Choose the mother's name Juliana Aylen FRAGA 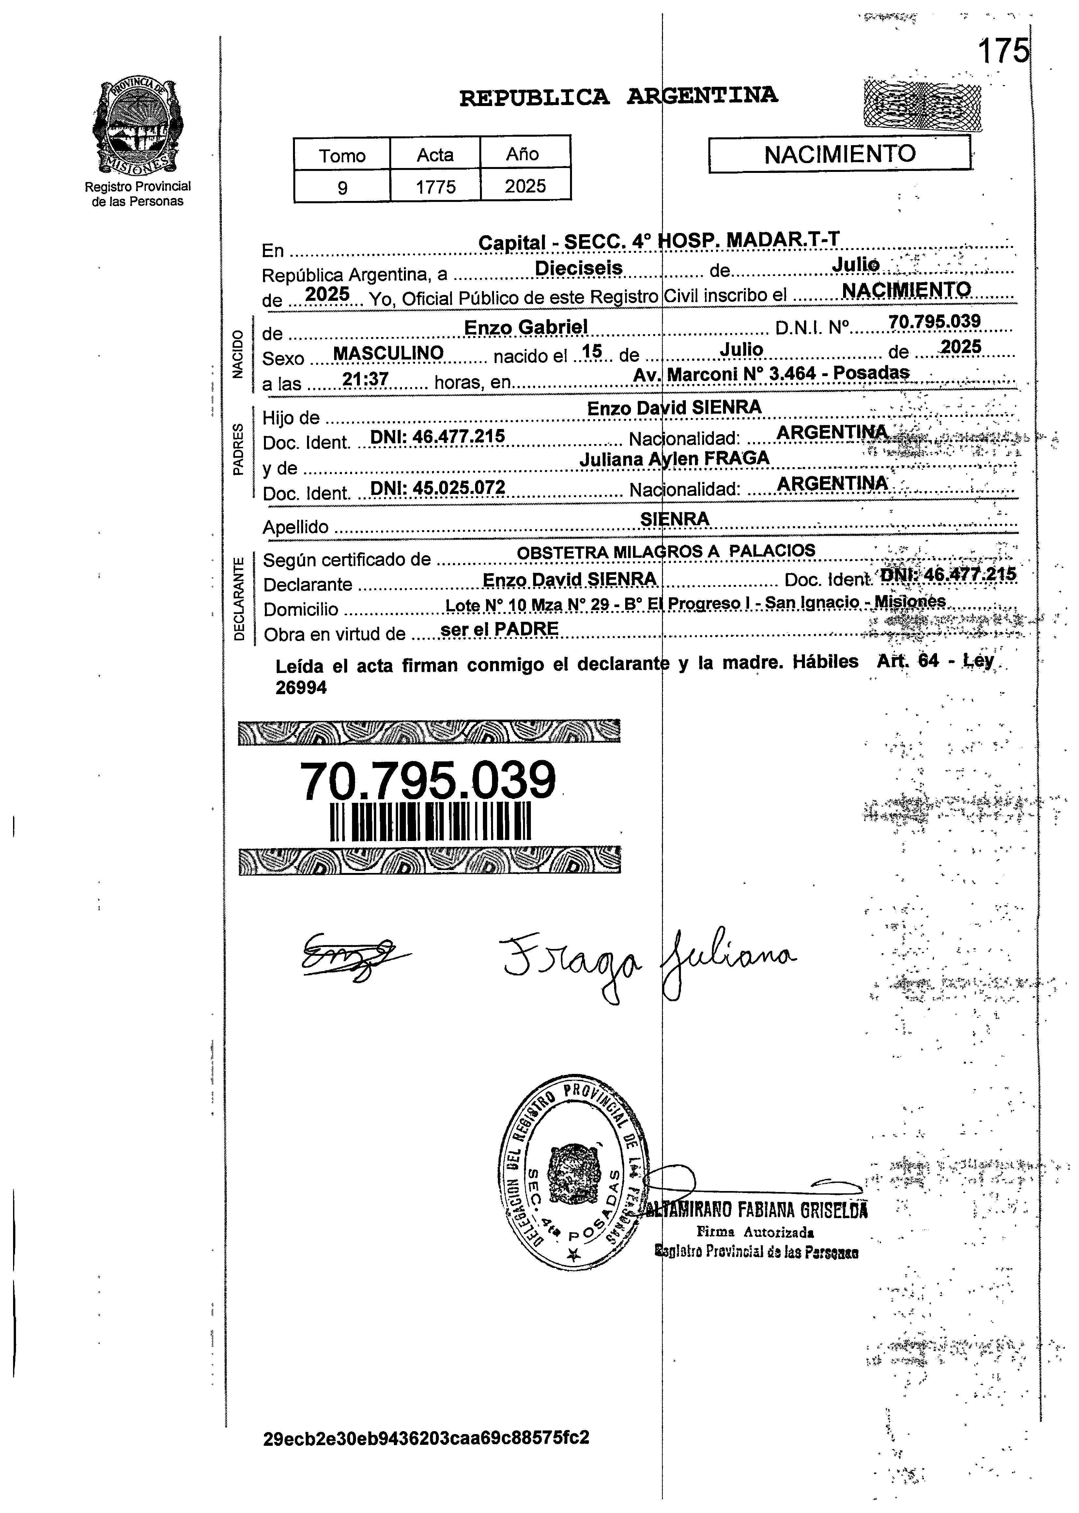[674, 458]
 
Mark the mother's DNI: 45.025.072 [438, 488]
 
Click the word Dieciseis [579, 268]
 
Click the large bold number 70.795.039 [428, 781]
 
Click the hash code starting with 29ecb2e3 [426, 1438]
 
